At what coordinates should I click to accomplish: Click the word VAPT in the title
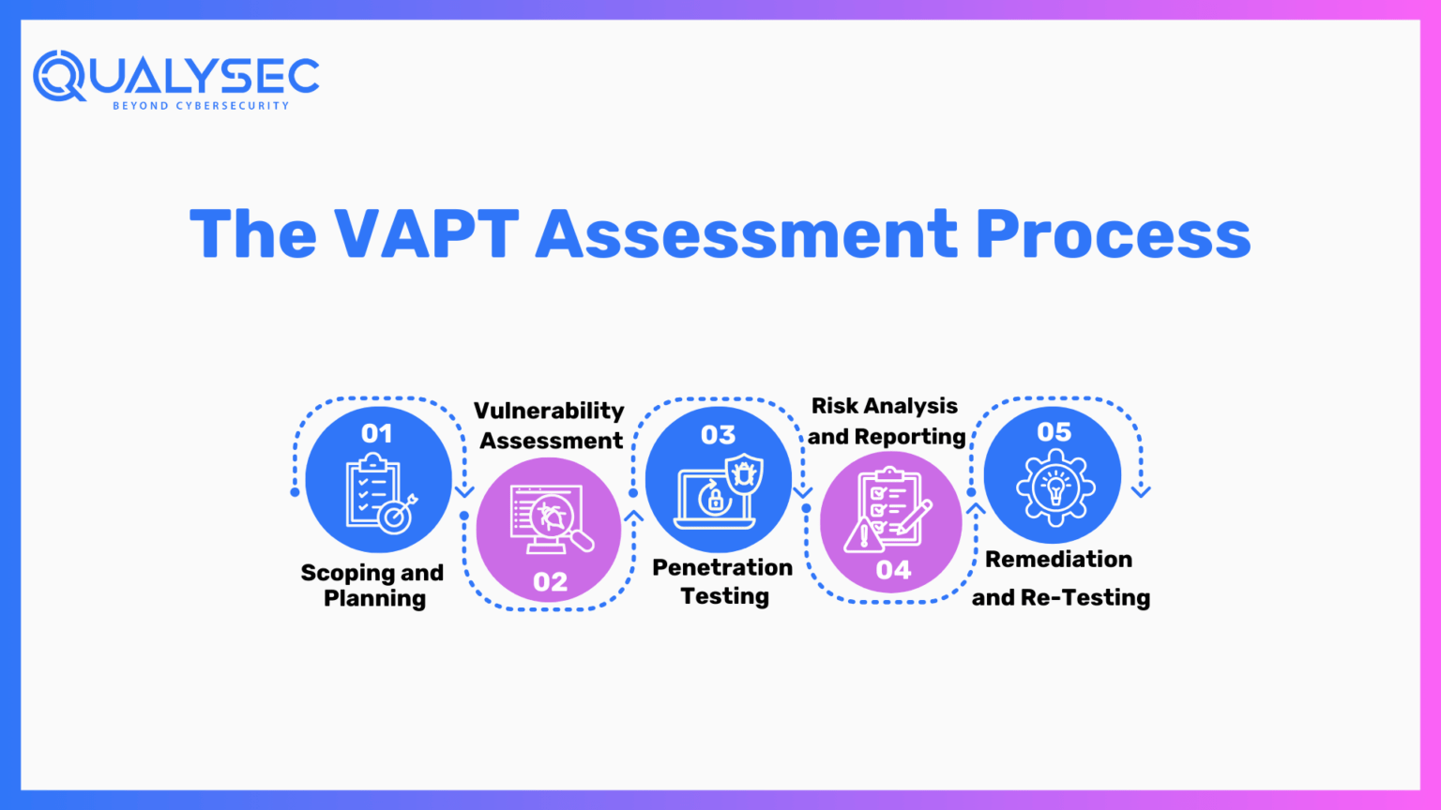(427, 233)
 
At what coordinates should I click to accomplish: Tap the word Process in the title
(1113, 233)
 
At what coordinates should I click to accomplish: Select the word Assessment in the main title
(747, 233)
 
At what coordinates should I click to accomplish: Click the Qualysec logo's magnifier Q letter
(59, 75)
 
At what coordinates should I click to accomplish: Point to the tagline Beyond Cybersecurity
(201, 106)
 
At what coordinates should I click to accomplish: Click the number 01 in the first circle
(377, 433)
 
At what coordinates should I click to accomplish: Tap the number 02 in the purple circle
(550, 581)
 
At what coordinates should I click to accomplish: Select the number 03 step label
(719, 435)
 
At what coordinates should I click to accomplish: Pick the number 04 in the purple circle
(893, 570)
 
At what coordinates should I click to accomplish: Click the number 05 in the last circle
(1054, 432)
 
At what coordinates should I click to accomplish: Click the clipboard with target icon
(380, 493)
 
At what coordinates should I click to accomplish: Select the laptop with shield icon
(720, 492)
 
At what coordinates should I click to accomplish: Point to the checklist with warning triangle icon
(887, 510)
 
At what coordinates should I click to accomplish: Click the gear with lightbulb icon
(1055, 487)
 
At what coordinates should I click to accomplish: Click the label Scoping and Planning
(373, 585)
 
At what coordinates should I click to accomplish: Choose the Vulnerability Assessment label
(550, 426)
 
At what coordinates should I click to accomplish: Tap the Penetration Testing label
(723, 581)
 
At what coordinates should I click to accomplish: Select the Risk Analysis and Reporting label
(886, 421)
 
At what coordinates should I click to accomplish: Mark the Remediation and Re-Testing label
(1060, 577)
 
